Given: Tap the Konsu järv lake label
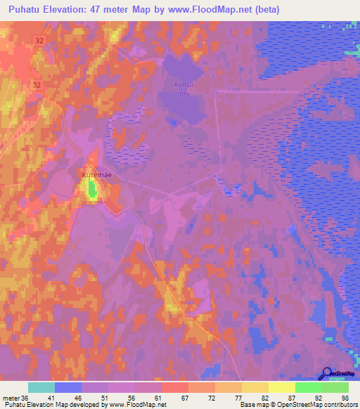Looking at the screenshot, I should pyautogui.click(x=182, y=89).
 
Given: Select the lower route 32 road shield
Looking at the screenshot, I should pyautogui.click(x=37, y=84).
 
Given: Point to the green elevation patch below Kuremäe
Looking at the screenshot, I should pyautogui.click(x=91, y=188).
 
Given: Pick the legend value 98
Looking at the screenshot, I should pyautogui.click(x=345, y=398).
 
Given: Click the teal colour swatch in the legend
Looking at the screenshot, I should pyautogui.click(x=41, y=387).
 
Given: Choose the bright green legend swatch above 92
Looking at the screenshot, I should pyautogui.click(x=309, y=387).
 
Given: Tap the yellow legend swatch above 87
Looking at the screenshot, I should pyautogui.click(x=282, y=387).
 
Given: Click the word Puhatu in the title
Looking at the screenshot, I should pyautogui.click(x=24, y=10).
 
